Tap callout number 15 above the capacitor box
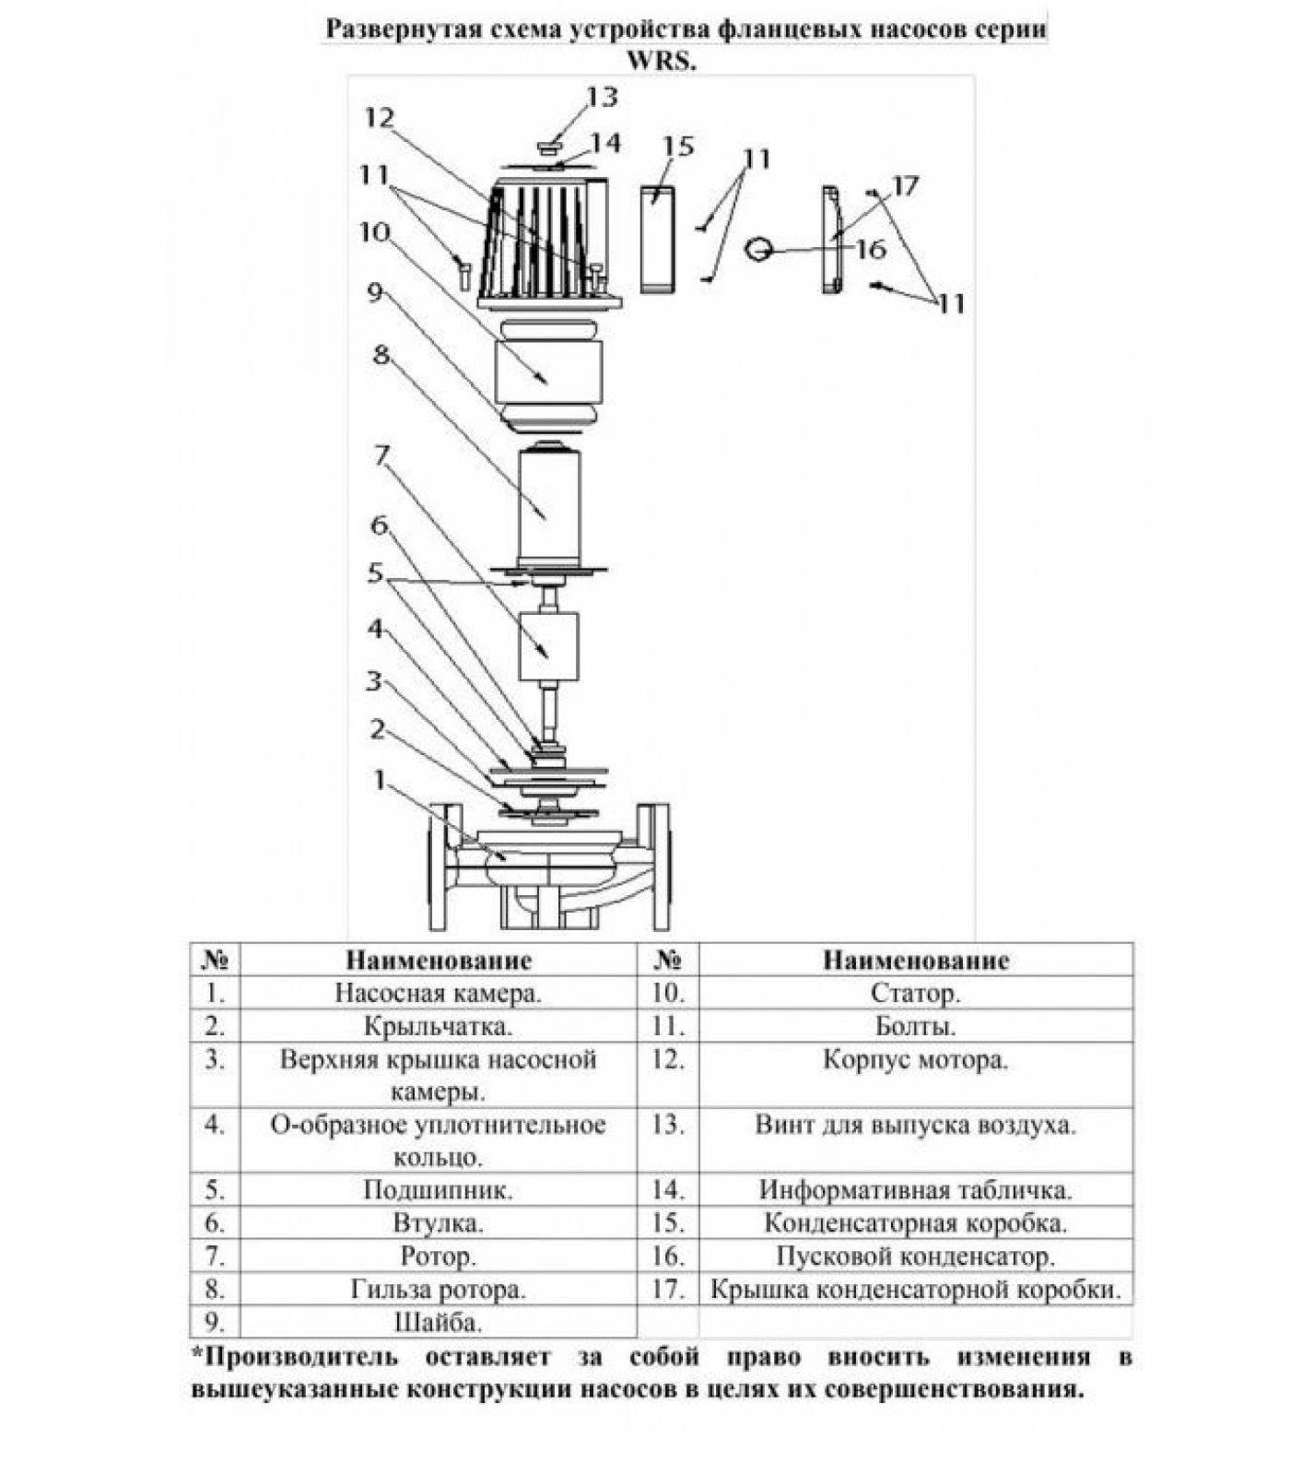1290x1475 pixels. [x=678, y=146]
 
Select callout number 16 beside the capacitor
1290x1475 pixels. [x=870, y=249]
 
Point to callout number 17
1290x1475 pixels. [x=905, y=186]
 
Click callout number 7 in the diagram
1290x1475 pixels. [x=381, y=455]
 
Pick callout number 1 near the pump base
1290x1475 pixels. [x=379, y=780]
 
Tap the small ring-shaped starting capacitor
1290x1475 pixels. [x=760, y=248]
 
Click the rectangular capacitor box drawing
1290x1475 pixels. [x=658, y=240]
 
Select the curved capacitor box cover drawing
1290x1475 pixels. [x=832, y=240]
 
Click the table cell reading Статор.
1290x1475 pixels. [x=916, y=994]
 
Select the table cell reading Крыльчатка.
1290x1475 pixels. [x=438, y=1026]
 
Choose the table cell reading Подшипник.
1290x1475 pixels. [x=438, y=1190]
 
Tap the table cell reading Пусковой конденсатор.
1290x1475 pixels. [x=916, y=1256]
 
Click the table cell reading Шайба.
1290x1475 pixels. [x=438, y=1322]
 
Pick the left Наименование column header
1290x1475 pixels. [x=439, y=961]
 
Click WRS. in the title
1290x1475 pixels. [x=662, y=62]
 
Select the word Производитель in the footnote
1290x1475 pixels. [x=300, y=1357]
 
